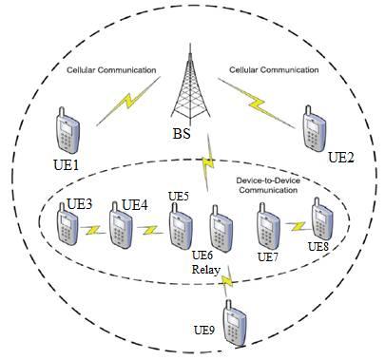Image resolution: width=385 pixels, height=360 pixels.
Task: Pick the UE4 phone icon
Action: (121, 229)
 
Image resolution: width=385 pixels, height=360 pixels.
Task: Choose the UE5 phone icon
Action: (180, 229)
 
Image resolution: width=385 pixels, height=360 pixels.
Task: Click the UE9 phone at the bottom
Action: (235, 319)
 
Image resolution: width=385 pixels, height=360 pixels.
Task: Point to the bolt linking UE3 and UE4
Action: (93, 231)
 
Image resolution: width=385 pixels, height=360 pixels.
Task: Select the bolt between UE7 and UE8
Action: (296, 226)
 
